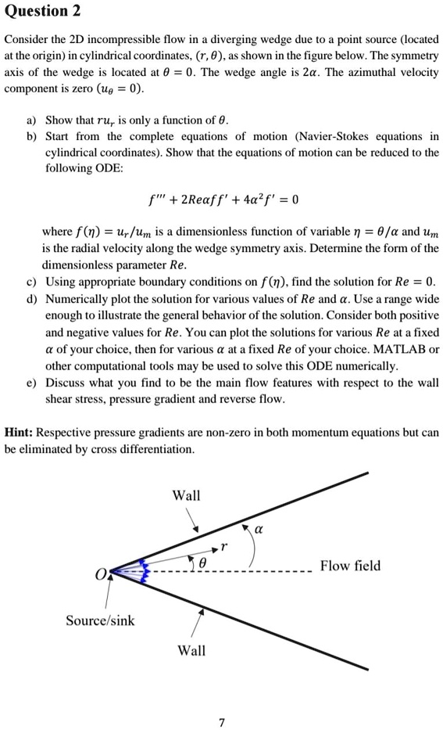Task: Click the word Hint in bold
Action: tap(20, 432)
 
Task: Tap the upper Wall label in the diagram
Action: tap(186, 495)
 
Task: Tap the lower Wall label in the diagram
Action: tap(192, 650)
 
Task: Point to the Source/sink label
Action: tap(100, 620)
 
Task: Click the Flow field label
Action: tap(350, 566)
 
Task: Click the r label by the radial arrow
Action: tap(223, 546)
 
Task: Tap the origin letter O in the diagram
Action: tap(99, 577)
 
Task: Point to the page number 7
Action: tap(222, 723)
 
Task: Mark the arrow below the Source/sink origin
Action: tap(106, 595)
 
